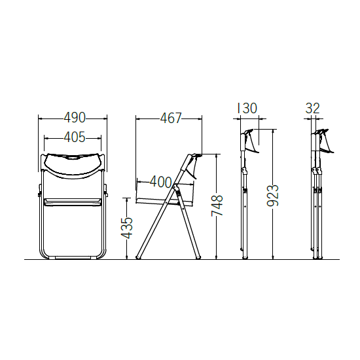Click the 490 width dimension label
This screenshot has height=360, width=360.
[x=75, y=118]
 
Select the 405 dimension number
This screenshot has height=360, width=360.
[x=75, y=137]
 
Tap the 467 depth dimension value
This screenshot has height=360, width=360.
[x=171, y=118]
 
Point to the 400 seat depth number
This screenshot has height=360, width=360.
[x=161, y=182]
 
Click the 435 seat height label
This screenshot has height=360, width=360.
[x=127, y=228]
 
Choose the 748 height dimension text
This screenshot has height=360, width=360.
[x=217, y=206]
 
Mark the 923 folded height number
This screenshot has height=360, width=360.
[x=273, y=195]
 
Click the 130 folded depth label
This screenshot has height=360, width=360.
[x=247, y=109]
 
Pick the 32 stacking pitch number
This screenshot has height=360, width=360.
[x=312, y=109]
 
